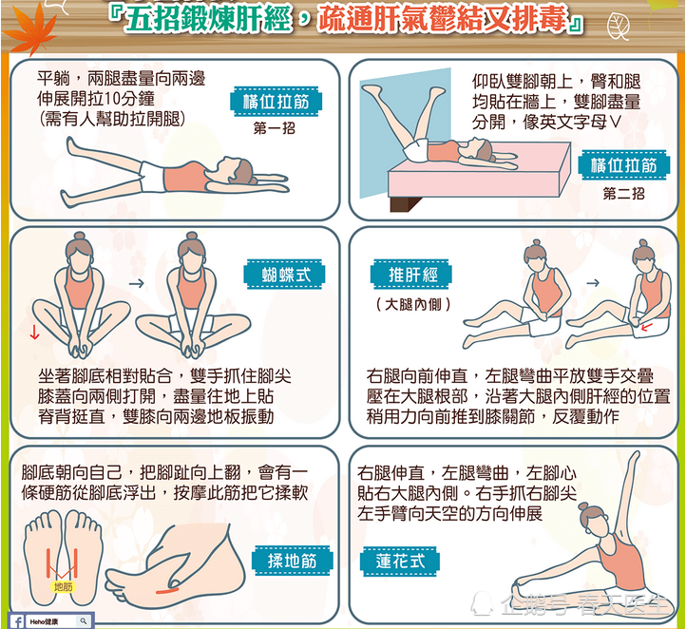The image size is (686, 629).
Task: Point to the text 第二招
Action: (624, 193)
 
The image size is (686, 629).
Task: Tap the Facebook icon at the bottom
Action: (19, 619)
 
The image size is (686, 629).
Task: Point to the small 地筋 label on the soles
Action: (63, 587)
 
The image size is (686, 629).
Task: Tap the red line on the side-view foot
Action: (167, 590)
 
